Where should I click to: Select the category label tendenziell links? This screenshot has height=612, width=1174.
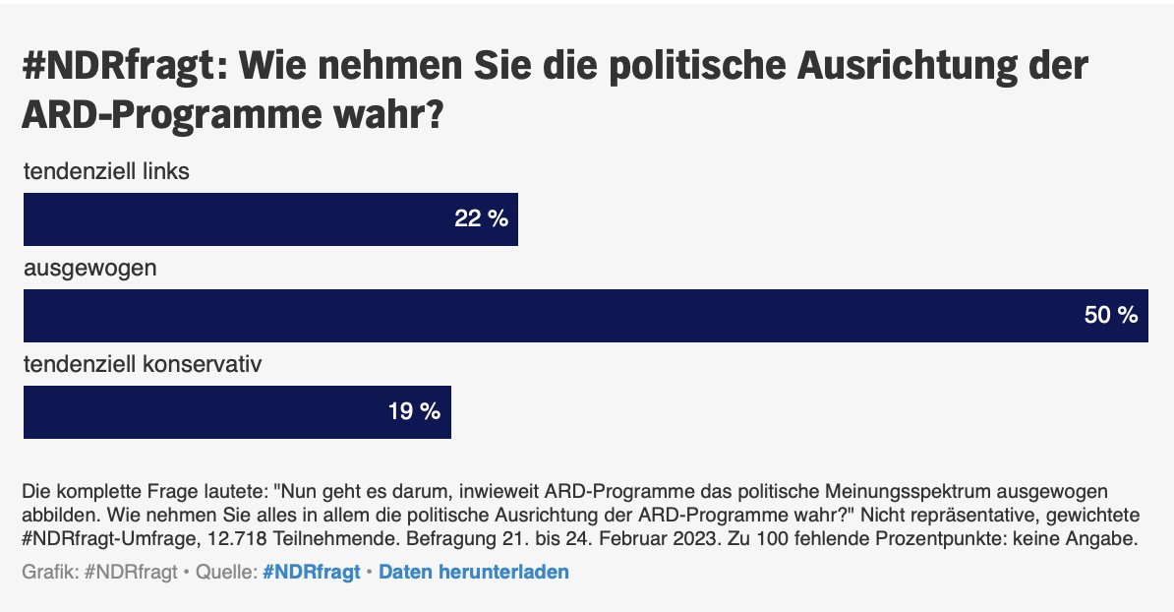coord(106,171)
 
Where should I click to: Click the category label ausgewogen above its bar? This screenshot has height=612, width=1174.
coord(89,268)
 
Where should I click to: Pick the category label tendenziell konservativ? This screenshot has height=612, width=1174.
coord(143,365)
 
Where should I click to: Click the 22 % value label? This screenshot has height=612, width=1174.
coord(481,219)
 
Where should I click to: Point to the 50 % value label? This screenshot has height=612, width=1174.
coord(1110,316)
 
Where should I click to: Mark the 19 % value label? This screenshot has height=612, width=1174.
coord(414,412)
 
